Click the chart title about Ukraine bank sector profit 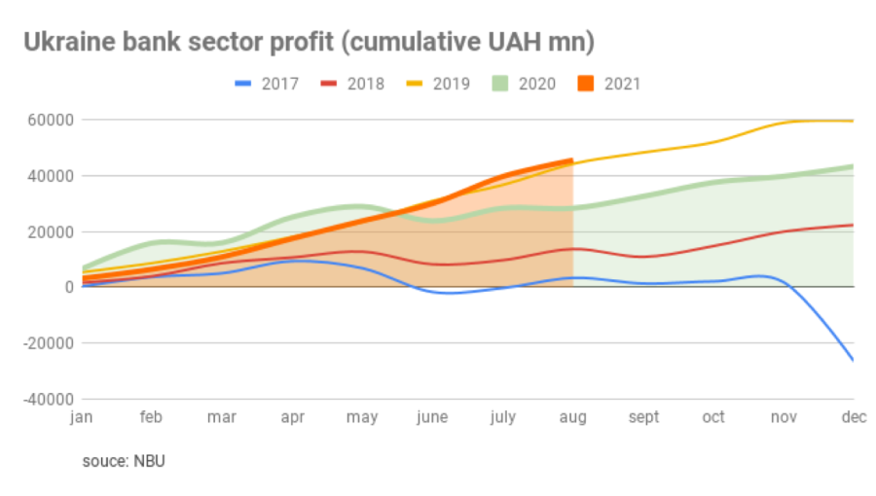(x=309, y=43)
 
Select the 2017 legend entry (x=267, y=84)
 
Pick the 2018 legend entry (x=352, y=84)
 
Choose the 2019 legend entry (x=438, y=84)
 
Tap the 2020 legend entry (x=524, y=84)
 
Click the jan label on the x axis (x=82, y=417)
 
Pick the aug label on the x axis (x=572, y=417)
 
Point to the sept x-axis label (x=643, y=417)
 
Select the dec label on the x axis (x=853, y=417)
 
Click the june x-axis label (x=432, y=417)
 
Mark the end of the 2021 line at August (x=572, y=160)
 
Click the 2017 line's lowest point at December (x=854, y=361)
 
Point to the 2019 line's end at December (x=854, y=121)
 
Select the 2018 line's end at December (x=854, y=225)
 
